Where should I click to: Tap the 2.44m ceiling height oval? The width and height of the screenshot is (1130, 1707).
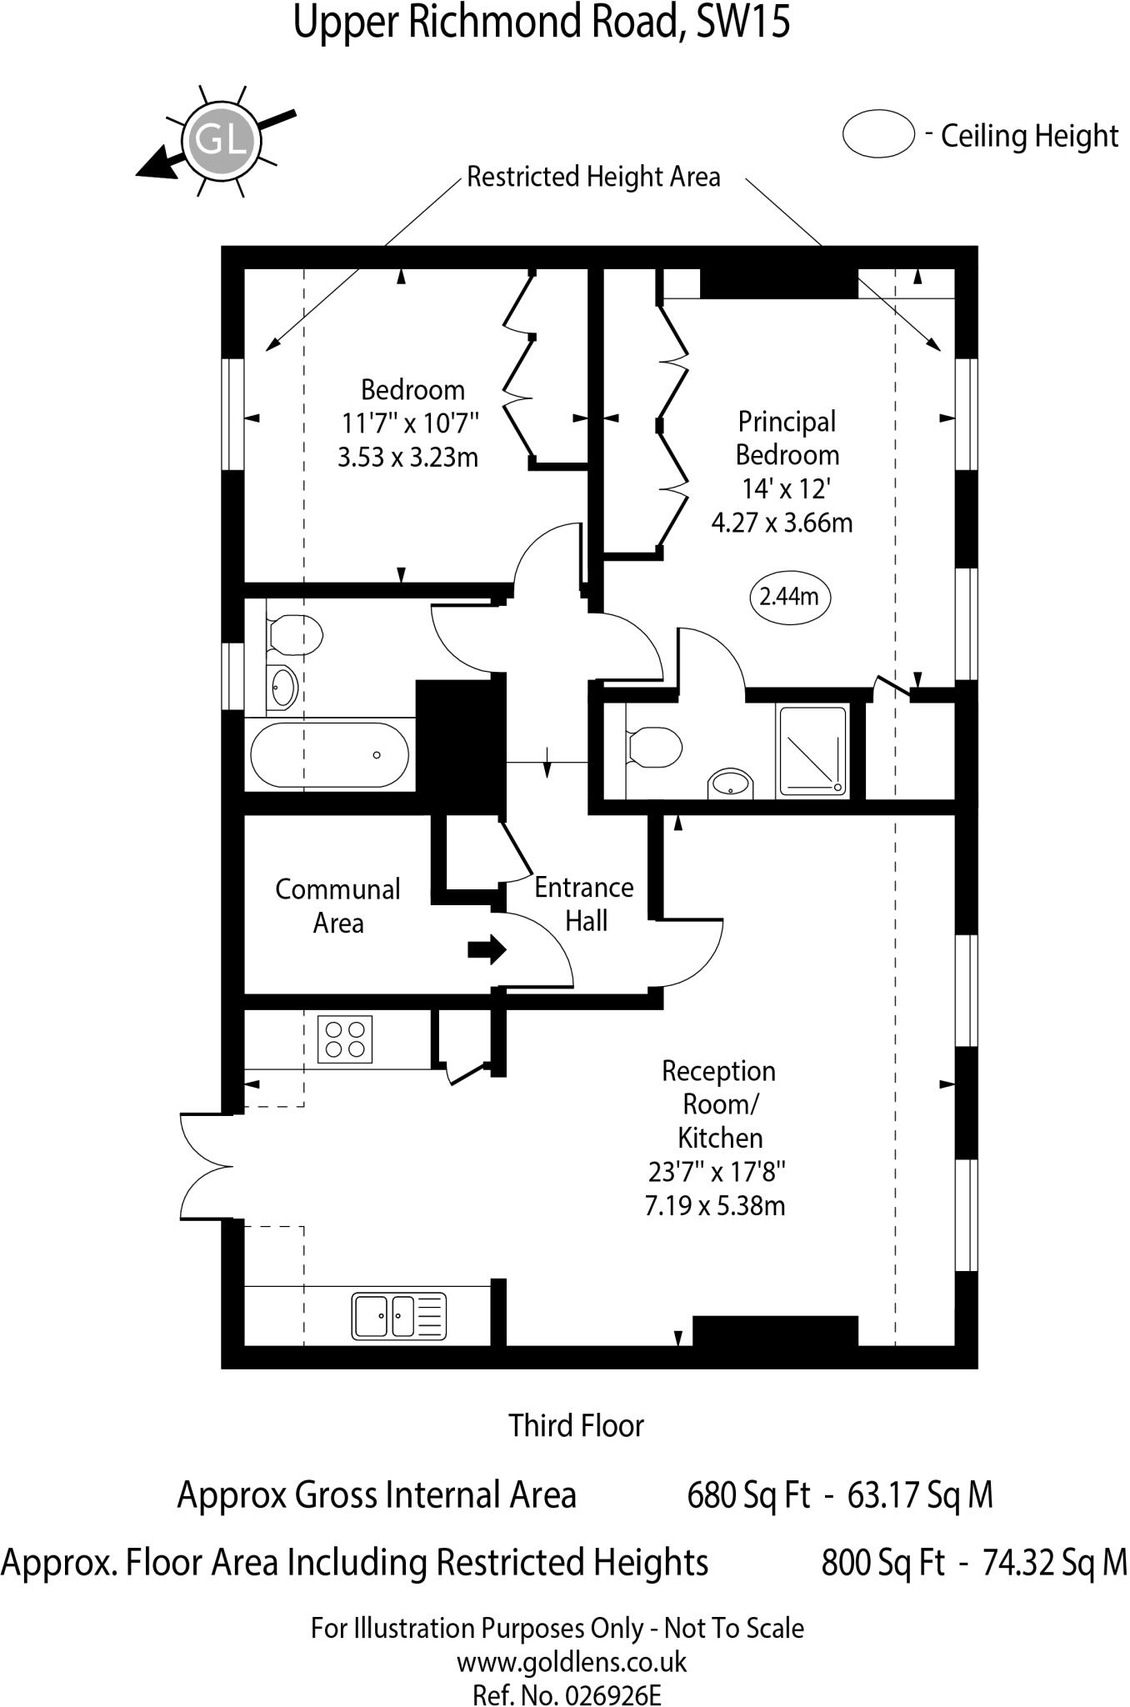789,597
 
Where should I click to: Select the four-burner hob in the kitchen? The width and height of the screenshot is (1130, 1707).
345,1039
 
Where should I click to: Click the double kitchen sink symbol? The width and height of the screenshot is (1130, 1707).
398,1316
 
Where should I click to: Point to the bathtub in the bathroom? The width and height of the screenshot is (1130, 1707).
330,755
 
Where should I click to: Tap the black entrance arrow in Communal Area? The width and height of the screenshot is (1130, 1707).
487,949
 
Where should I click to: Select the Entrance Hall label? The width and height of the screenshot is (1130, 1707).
584,904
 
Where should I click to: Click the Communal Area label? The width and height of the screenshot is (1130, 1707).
337,906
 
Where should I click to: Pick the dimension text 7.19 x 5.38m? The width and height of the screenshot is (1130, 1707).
715,1206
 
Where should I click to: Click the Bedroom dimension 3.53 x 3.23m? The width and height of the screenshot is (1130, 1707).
407,458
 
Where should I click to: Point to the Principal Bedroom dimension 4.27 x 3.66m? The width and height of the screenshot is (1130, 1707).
782,523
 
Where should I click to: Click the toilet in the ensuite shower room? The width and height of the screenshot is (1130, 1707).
654,746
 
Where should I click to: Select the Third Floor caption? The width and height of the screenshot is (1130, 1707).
577,1426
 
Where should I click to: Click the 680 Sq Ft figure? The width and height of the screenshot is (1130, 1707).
747,1495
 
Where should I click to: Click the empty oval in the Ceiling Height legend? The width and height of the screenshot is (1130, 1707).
878,134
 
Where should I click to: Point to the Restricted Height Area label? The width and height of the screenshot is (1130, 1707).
593,178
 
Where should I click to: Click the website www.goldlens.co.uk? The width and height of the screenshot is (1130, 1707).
572,1663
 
